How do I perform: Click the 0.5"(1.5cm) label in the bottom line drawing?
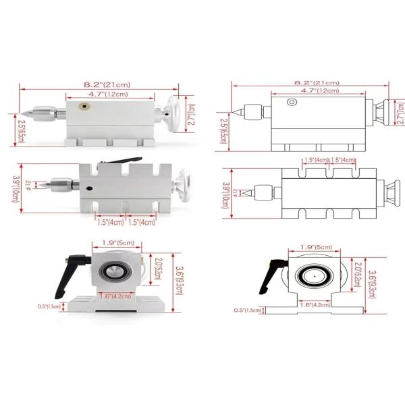click(x=248, y=310)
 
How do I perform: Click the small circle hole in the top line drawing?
click(x=291, y=102)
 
